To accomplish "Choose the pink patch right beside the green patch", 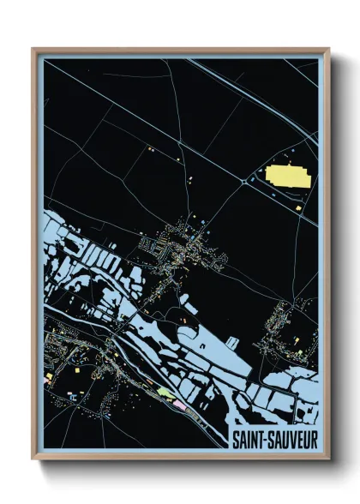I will pos(179,399).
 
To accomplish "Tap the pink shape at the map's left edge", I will pos(50,376).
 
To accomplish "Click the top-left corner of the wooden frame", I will pos(33,49).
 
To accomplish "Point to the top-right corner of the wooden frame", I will pos(329,49).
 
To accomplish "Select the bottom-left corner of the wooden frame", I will pos(33,459).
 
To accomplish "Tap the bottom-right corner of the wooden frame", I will pos(329,459).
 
